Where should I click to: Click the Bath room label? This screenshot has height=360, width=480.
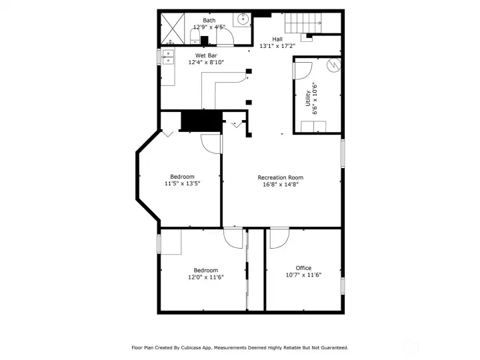tap(209, 20)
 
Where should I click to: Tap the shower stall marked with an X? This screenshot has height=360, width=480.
tap(175, 29)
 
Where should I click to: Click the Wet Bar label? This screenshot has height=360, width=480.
tap(206, 55)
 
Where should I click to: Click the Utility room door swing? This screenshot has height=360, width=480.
tap(303, 69)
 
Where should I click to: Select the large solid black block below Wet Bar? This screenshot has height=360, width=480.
tap(201, 121)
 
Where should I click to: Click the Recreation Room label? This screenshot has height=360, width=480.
tap(281, 177)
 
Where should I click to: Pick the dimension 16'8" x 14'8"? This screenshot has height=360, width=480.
tap(281, 185)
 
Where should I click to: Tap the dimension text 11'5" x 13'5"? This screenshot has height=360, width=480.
tap(183, 183)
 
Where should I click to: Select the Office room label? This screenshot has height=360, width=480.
tap(303, 268)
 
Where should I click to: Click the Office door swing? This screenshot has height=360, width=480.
tap(279, 238)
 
